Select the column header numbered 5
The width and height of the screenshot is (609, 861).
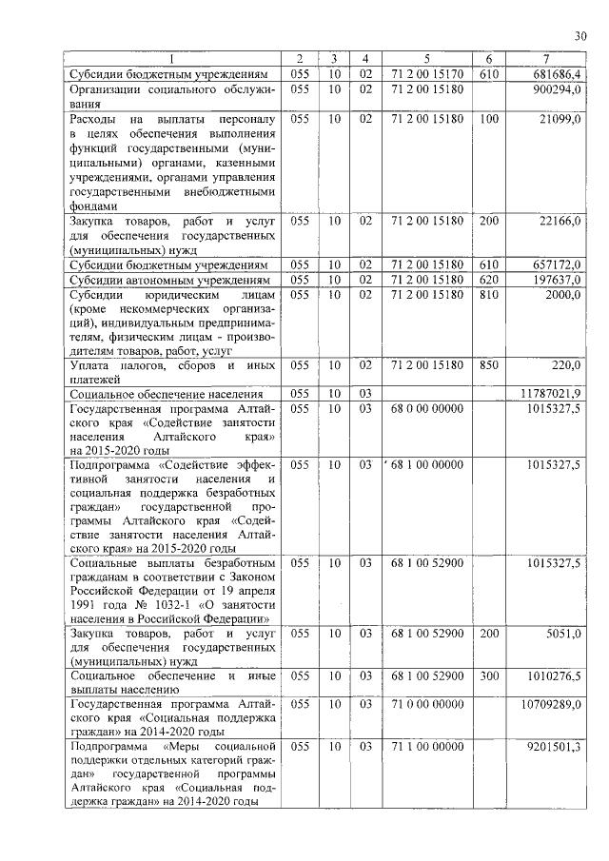tap(426, 59)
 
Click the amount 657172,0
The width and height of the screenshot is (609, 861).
tap(560, 264)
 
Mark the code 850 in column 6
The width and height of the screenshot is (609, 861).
tap(488, 364)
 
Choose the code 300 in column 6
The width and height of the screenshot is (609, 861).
tap(488, 675)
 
